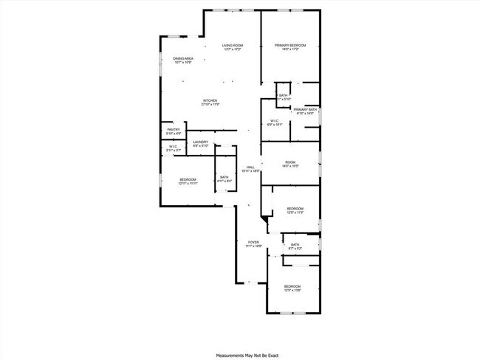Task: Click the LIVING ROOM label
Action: (x=233, y=46)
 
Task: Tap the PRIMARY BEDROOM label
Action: (x=290, y=46)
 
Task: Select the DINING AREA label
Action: (x=183, y=58)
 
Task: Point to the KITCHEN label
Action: (x=210, y=100)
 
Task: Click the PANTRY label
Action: (x=173, y=130)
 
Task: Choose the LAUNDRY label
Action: (x=200, y=142)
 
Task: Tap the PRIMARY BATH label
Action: (x=305, y=109)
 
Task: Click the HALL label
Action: (x=250, y=167)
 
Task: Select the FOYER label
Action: (x=253, y=242)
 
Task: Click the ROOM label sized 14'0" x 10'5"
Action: (x=290, y=162)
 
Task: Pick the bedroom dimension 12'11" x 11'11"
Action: (x=188, y=183)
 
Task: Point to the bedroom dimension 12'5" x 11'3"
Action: (x=295, y=212)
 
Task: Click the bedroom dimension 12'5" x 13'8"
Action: (x=292, y=290)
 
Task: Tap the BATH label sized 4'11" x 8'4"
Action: (x=224, y=177)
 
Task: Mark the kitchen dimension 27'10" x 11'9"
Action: (x=210, y=105)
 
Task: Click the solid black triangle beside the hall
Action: (x=265, y=219)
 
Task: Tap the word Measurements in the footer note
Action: (x=228, y=355)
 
